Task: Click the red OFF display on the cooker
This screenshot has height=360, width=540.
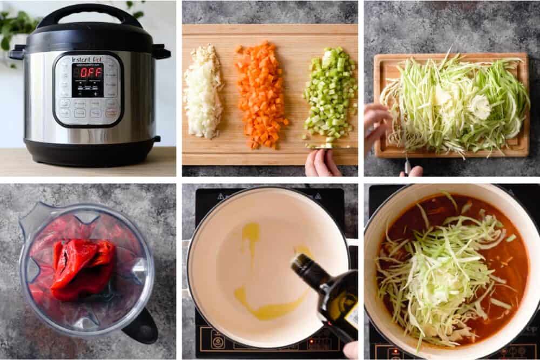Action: [x=87, y=72]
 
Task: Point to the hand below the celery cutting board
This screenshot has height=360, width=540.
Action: [x=322, y=164]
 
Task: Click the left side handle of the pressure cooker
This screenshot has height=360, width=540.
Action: [x=17, y=52]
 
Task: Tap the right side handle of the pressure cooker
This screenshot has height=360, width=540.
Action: [x=161, y=52]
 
